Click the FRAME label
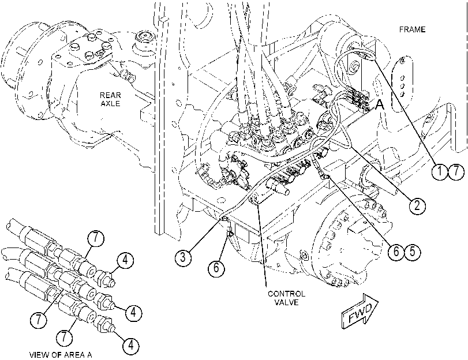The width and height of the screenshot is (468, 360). [412, 29]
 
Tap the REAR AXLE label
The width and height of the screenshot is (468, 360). [110, 99]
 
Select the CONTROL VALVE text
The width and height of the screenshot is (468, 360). [287, 298]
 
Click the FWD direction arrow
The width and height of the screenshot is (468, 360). [360, 312]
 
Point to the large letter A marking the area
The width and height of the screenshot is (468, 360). [379, 105]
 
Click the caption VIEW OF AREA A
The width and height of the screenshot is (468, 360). [61, 355]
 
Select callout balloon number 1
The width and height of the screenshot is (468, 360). [440, 172]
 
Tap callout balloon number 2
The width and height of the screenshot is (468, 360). [417, 205]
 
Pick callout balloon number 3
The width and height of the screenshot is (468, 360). [183, 257]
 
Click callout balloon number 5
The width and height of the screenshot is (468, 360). [412, 252]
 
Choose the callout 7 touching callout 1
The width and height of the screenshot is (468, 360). [456, 172]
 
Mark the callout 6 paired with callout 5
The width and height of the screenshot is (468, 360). [396, 252]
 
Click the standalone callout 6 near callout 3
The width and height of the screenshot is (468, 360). [216, 268]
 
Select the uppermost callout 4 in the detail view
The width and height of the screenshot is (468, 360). [125, 260]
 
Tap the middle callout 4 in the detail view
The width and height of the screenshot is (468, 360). [133, 312]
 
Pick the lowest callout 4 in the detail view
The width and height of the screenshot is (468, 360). [131, 346]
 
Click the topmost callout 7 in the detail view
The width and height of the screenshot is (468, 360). [96, 238]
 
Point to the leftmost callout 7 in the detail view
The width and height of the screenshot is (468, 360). [39, 320]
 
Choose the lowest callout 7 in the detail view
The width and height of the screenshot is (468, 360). [65, 337]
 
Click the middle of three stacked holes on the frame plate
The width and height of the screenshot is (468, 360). [402, 86]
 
